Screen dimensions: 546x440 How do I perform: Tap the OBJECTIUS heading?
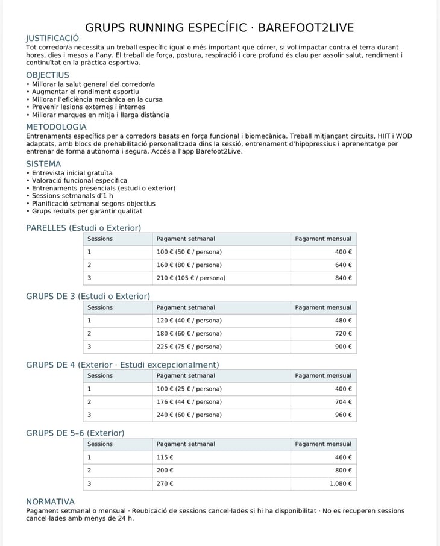pos(48,75)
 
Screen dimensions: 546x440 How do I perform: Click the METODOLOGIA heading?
pos(56,127)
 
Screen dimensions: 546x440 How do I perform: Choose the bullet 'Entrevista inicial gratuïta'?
pos(72,173)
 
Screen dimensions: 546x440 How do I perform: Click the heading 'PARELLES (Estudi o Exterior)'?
pos(83,228)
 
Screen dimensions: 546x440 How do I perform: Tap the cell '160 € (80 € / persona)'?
pos(189,265)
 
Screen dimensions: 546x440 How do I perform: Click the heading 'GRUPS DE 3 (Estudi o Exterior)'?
pos(88,296)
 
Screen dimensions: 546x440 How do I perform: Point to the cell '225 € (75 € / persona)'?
pos(189,347)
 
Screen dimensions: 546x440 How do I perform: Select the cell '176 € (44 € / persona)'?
pos(189,402)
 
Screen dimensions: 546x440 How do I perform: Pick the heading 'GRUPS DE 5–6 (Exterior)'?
pos(75,433)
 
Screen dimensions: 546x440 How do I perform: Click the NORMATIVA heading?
pos(50,501)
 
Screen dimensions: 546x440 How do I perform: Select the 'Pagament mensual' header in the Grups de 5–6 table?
pos(323,444)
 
